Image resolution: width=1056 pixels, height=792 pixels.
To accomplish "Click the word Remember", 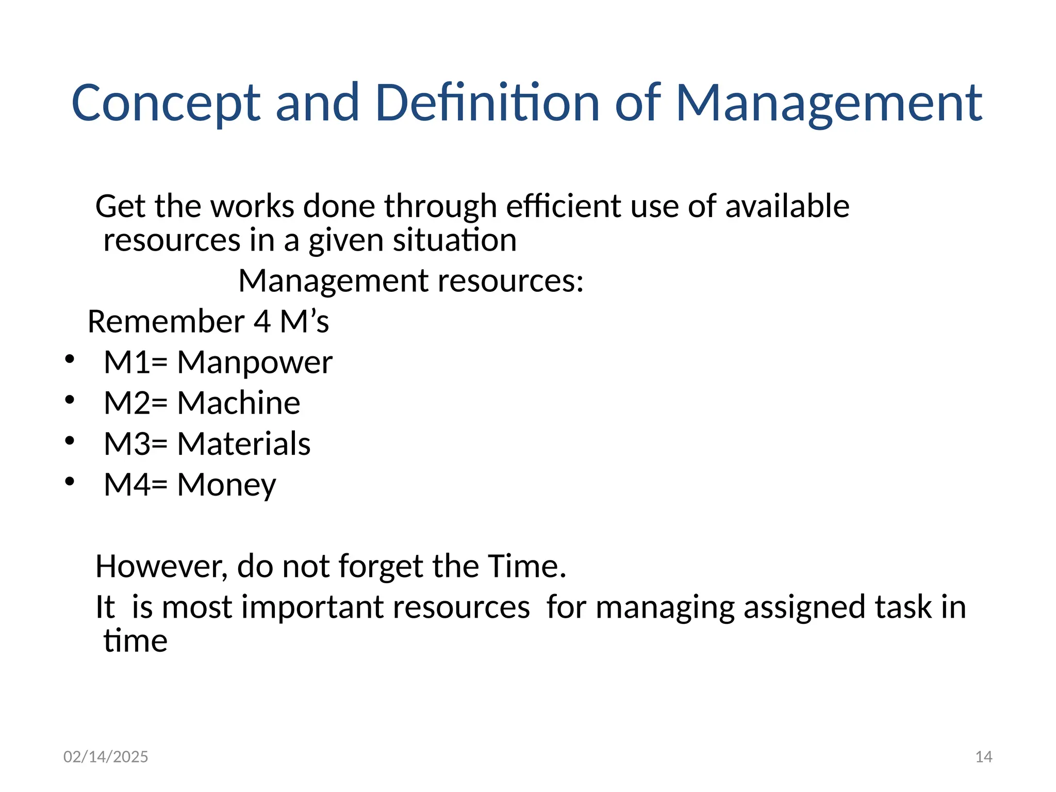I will click(166, 321).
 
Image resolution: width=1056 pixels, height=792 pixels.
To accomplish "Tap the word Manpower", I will click(255, 362).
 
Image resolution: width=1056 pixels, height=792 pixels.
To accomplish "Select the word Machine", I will click(239, 403).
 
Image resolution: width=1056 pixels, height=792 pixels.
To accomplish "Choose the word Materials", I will click(244, 443).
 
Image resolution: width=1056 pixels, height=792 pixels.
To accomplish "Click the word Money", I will click(226, 485).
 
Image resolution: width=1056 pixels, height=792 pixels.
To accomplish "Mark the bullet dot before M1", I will click(70, 359).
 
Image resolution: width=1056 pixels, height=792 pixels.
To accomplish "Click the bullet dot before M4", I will click(70, 482).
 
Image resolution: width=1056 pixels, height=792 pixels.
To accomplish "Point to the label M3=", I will click(136, 443).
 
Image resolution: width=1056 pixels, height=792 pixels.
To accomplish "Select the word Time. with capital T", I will click(526, 566).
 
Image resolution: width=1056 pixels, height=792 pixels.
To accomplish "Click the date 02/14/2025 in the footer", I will click(106, 756).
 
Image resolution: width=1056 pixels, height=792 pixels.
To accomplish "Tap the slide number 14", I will click(984, 756).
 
